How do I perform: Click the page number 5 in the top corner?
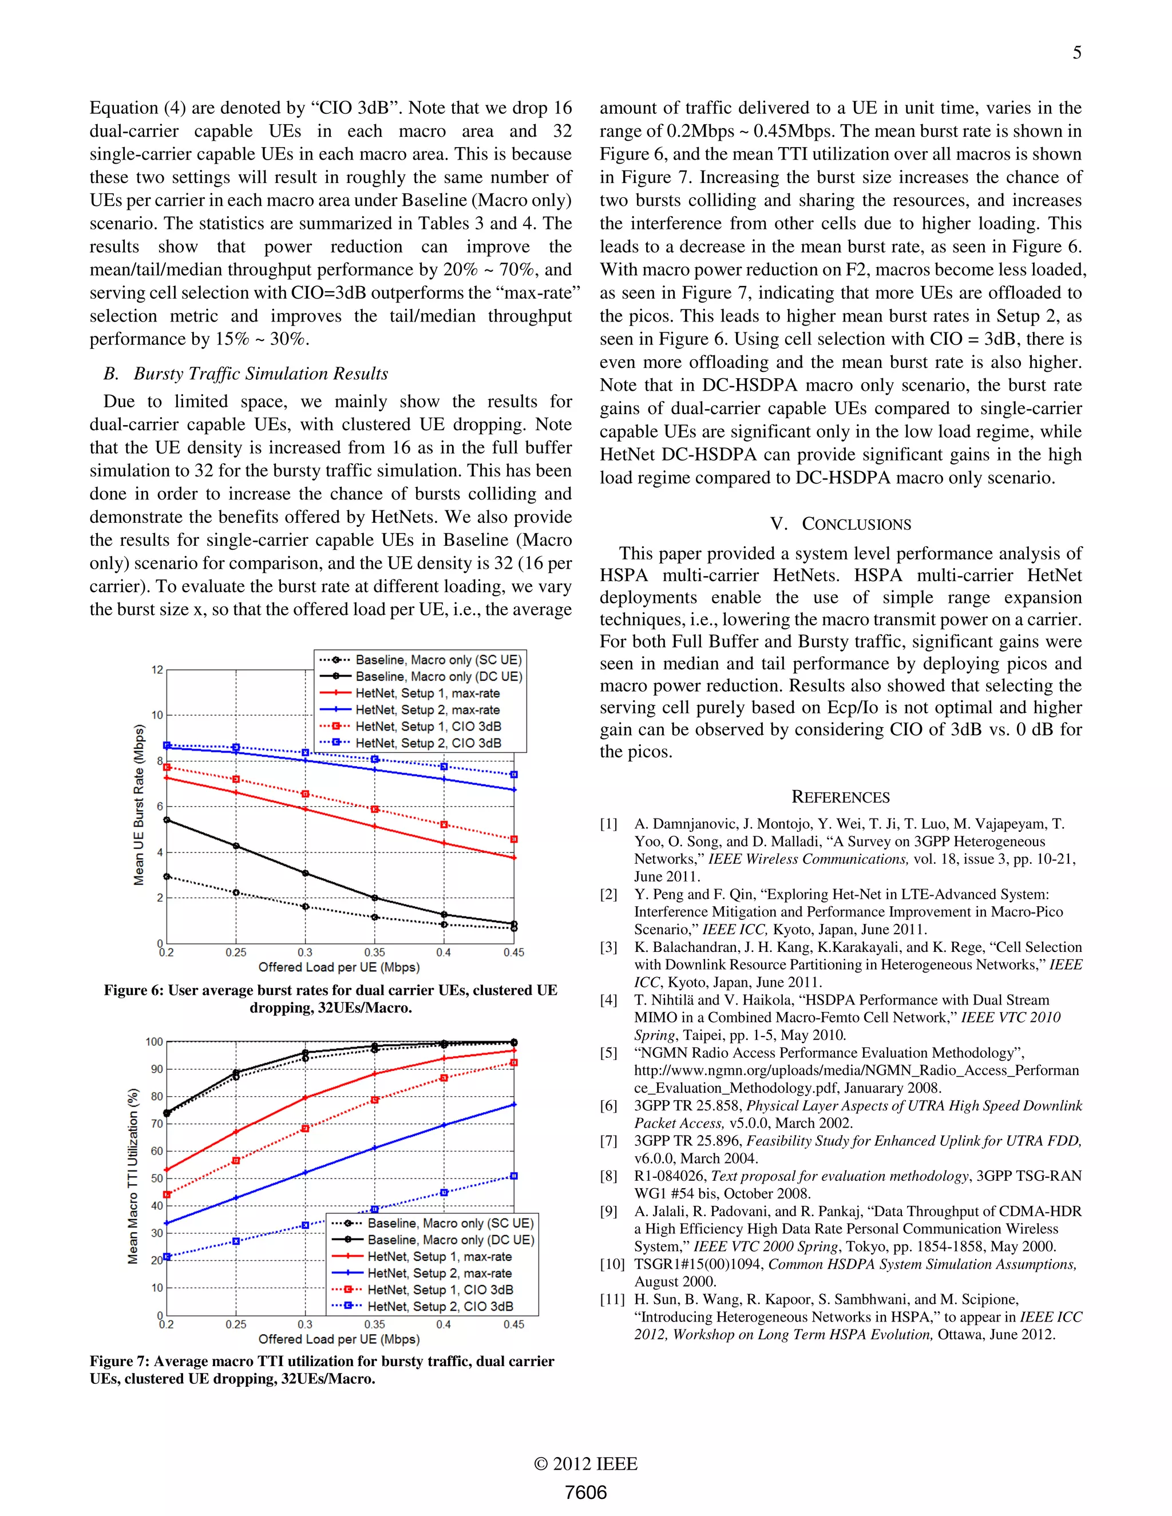(x=1076, y=53)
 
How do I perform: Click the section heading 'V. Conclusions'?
(x=841, y=524)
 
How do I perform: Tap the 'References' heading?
(x=840, y=797)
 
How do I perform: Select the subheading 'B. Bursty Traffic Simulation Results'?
(x=245, y=374)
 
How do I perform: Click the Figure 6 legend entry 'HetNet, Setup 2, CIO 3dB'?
(x=427, y=743)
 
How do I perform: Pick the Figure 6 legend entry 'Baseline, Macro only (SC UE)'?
(x=438, y=660)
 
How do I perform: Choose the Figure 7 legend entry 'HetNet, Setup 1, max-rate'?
(x=439, y=1256)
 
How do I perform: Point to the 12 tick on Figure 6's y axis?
(x=157, y=670)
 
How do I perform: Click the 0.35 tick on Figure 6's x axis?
(x=374, y=953)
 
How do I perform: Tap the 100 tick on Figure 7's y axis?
(x=154, y=1041)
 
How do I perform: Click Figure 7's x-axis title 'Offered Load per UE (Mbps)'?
(x=339, y=1339)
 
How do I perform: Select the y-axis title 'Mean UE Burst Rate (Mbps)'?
(x=139, y=805)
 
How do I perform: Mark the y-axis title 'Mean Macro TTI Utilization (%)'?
(x=133, y=1176)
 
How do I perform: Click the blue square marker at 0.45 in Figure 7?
(x=514, y=1176)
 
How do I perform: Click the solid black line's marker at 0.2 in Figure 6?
(x=167, y=820)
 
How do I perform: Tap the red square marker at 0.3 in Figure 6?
(x=305, y=793)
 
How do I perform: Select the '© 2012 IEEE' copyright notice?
(x=585, y=1464)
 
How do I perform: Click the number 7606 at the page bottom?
(x=585, y=1493)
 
